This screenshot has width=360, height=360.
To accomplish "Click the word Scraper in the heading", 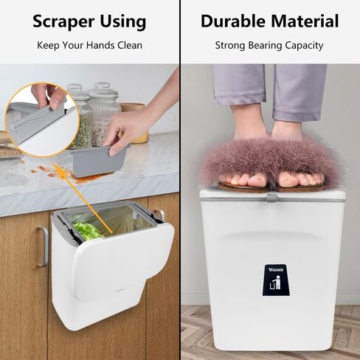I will (x=62, y=21).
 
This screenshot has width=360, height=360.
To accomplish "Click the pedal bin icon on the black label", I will (x=273, y=283).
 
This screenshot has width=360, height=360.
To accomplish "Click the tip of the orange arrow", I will (x=111, y=234).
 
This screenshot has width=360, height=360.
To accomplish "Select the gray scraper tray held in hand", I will (x=100, y=161).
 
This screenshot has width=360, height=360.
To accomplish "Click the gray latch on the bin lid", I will (x=271, y=197).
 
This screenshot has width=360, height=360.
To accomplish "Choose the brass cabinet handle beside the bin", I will (x=42, y=246).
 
